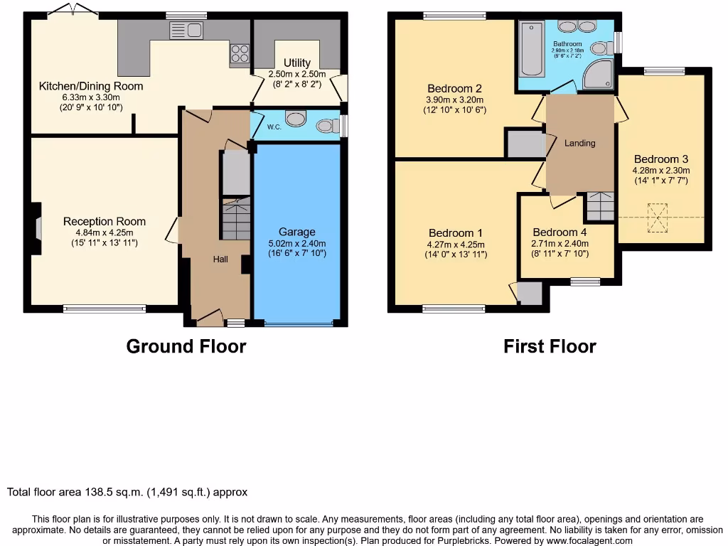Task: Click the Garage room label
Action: pyautogui.click(x=296, y=232)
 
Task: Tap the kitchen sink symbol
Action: pyautogui.click(x=187, y=30)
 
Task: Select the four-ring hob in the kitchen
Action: pyautogui.click(x=240, y=53)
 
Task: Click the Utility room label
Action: pyautogui.click(x=296, y=63)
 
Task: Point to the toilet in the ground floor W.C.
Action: pyautogui.click(x=326, y=126)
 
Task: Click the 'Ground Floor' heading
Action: pyautogui.click(x=186, y=346)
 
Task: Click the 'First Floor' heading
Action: pyautogui.click(x=550, y=346)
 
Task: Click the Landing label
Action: pyautogui.click(x=579, y=143)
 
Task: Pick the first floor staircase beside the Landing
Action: pyautogui.click(x=599, y=206)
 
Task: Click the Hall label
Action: pyautogui.click(x=220, y=259)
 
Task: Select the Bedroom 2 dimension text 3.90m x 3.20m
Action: pyautogui.click(x=454, y=100)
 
